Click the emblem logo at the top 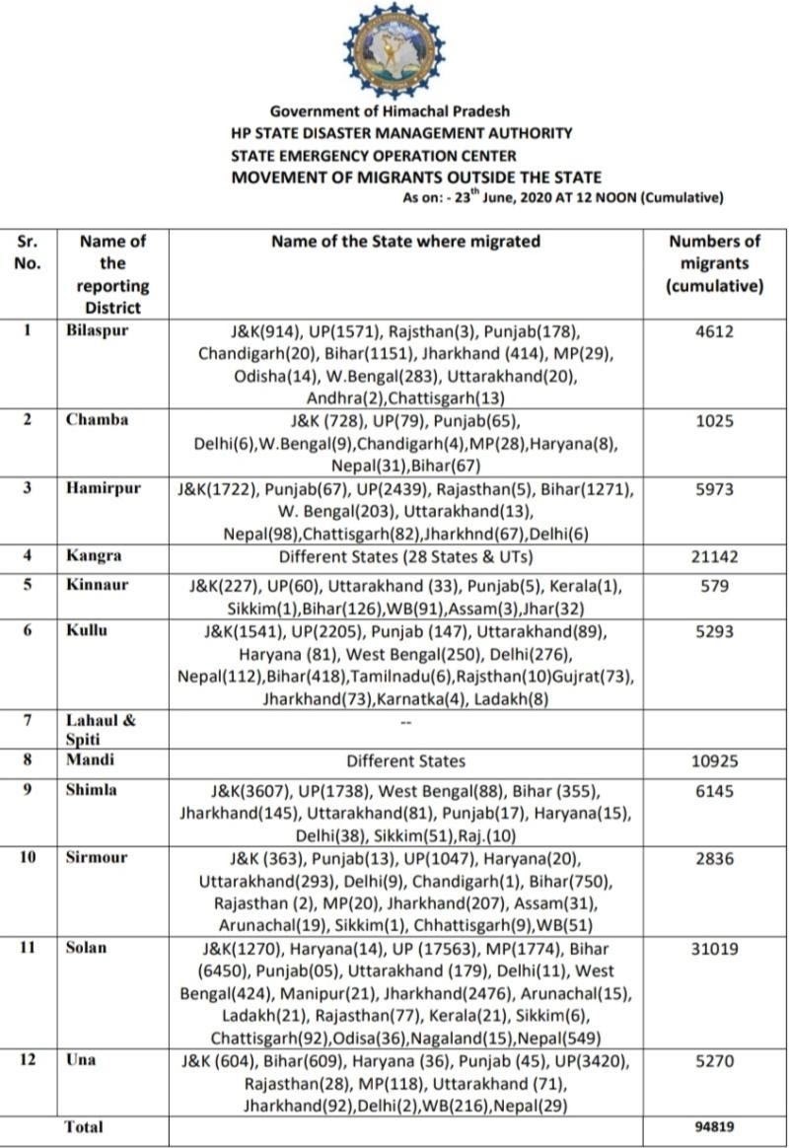[394, 50]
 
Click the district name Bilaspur [98, 330]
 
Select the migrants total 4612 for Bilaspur [714, 331]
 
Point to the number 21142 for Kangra [714, 556]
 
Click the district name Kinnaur [96, 585]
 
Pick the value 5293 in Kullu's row [714, 631]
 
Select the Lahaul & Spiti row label [100, 728]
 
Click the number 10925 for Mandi [714, 760]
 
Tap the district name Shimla [92, 790]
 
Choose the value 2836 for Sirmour [714, 858]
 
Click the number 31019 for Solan [714, 948]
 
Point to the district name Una [81, 1060]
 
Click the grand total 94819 [714, 1126]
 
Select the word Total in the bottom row [84, 1126]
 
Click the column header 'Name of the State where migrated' [406, 241]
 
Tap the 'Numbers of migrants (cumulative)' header [714, 263]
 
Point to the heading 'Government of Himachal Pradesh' [390, 111]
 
